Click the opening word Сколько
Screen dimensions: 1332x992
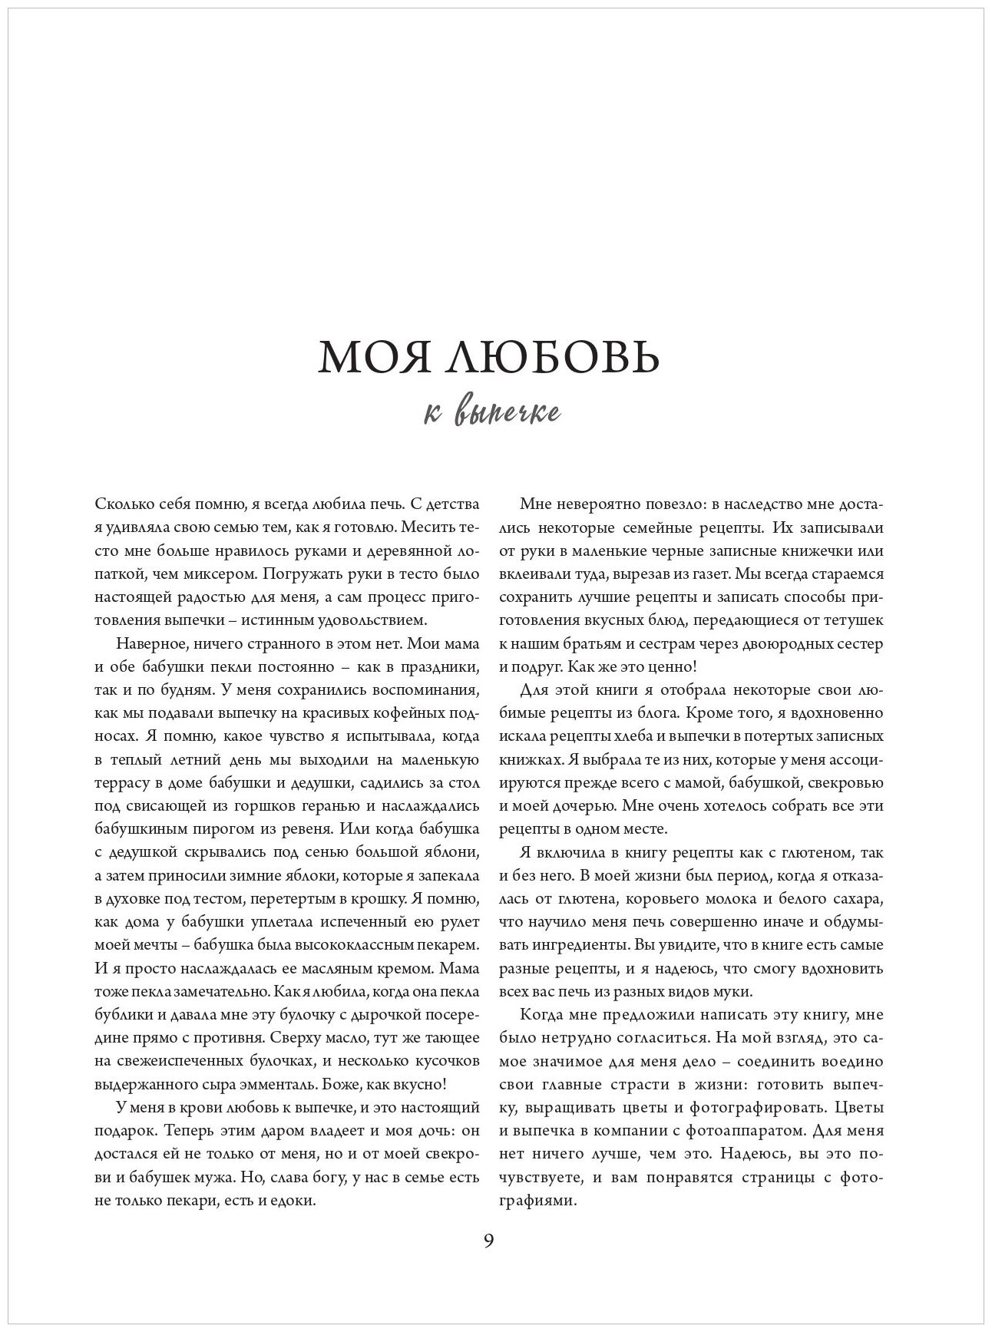coord(126,504)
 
